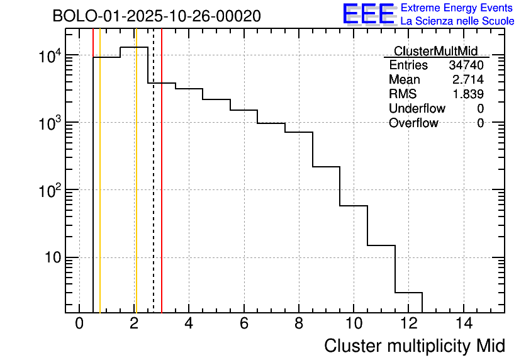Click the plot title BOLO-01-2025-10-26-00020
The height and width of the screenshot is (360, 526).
pos(157,16)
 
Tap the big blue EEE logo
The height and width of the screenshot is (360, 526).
pos(369,14)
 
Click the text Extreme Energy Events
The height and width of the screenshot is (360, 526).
pos(457,8)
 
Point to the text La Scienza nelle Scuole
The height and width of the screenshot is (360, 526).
pos(457,21)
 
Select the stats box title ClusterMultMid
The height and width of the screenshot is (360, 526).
pos(435,51)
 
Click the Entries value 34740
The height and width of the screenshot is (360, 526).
pos(466,65)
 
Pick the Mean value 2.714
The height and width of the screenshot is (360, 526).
pos(468,80)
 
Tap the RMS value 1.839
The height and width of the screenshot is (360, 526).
pos(468,94)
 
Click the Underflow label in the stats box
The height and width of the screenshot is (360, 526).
pos(417,109)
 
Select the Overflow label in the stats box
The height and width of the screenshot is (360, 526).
pos(413,123)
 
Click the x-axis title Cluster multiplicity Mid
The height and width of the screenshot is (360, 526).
pos(414,346)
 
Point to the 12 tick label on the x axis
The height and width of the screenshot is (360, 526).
pos(408,325)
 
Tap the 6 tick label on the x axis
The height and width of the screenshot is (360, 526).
pos(243,325)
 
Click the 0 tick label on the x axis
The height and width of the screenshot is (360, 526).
pos(79,325)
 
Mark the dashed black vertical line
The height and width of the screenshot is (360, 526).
pos(154,189)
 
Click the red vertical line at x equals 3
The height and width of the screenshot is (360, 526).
pos(162,189)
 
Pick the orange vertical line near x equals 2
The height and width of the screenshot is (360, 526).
pos(135,189)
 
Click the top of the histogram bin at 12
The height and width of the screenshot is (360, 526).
pos(408,293)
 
